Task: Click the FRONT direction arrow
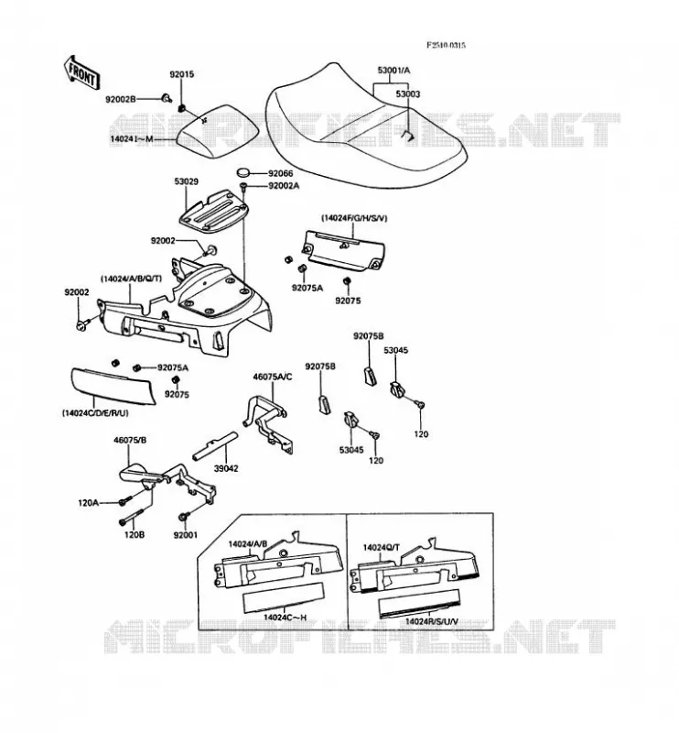81,73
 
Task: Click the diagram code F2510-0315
447,45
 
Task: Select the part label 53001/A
393,71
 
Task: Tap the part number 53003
408,94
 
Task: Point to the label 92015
182,75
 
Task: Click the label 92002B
121,99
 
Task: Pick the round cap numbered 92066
244,172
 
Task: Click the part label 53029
187,181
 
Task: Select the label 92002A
284,186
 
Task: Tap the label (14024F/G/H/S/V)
354,218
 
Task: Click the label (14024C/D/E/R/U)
95,413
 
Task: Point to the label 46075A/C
273,377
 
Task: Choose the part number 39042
226,468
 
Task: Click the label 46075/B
130,440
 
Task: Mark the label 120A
88,503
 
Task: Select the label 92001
186,535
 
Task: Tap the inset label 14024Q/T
382,547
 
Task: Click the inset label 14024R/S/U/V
432,621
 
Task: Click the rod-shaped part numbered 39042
215,445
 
